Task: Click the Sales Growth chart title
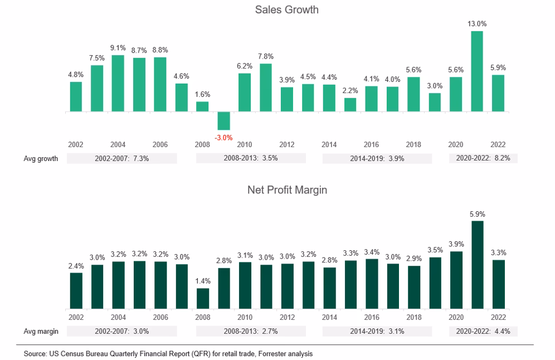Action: click(286, 9)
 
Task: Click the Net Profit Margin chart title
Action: click(286, 190)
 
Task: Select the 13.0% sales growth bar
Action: click(476, 71)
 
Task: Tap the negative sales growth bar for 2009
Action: click(223, 121)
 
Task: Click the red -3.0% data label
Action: click(223, 137)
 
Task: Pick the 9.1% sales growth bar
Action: click(118, 84)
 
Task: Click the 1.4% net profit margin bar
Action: click(203, 298)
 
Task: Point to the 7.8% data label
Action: click(266, 56)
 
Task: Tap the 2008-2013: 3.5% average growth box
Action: click(251, 158)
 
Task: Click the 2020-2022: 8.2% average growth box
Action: click(483, 158)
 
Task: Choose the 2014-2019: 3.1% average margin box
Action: click(377, 332)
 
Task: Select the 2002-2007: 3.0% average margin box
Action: click(122, 332)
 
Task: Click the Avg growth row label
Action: click(41, 158)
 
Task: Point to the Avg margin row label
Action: click(41, 332)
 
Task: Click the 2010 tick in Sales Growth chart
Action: click(245, 144)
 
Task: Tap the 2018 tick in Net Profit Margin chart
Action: click(413, 317)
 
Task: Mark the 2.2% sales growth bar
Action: click(350, 105)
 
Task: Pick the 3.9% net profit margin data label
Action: click(456, 244)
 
